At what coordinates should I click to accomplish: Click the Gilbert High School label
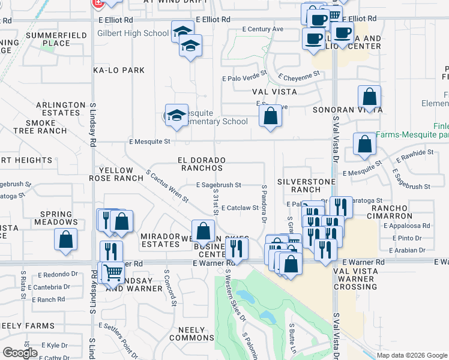click(x=133, y=33)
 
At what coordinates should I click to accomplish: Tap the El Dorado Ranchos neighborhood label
click(x=201, y=164)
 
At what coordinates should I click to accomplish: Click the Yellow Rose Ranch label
click(x=118, y=175)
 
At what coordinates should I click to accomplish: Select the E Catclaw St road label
click(x=240, y=208)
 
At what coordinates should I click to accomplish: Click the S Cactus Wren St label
click(x=167, y=186)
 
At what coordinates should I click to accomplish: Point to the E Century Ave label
click(x=262, y=29)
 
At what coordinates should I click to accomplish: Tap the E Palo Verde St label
click(x=244, y=78)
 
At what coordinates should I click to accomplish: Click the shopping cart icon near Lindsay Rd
click(x=112, y=272)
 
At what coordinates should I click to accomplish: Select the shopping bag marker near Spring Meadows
click(x=66, y=239)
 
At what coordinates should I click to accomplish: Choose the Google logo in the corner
click(x=20, y=353)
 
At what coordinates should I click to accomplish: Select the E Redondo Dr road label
click(x=58, y=274)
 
